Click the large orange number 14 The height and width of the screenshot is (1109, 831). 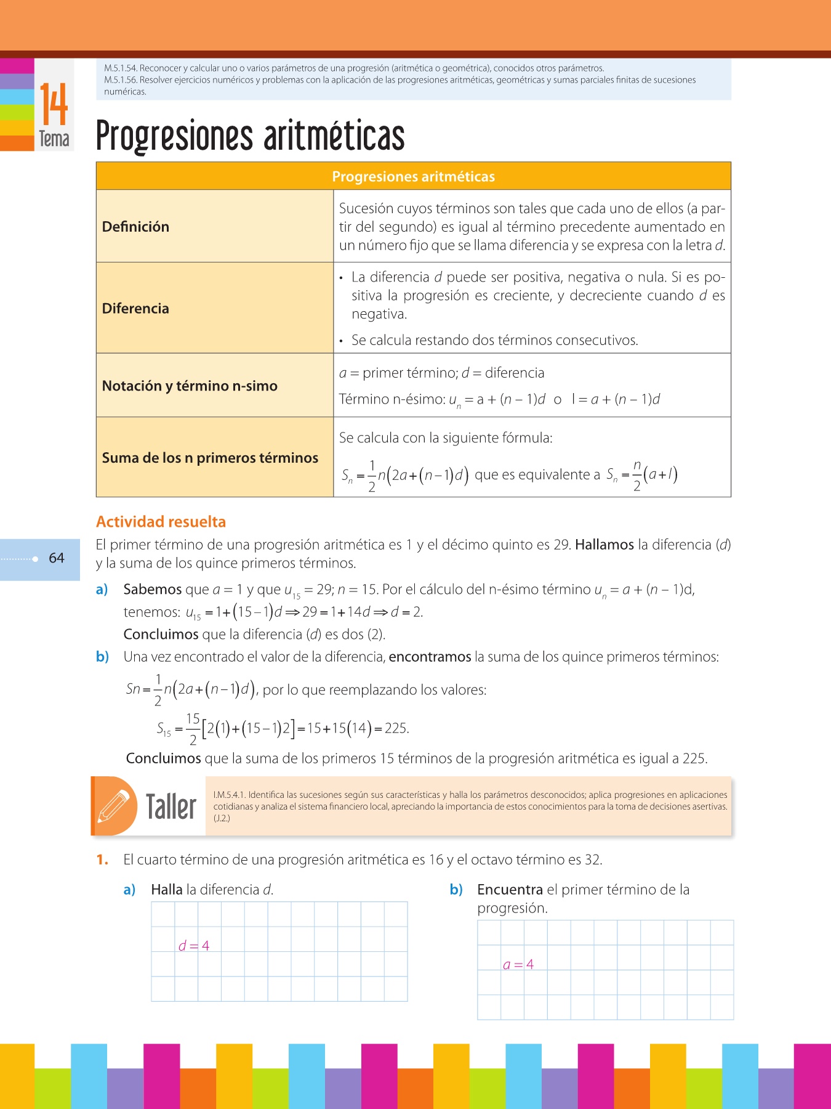pos(54,104)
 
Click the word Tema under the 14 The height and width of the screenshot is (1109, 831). pos(54,139)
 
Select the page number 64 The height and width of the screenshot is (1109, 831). pos(57,558)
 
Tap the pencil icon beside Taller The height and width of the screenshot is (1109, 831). pos(114,805)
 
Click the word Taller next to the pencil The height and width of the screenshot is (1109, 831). pos(171,806)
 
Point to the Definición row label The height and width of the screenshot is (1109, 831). pos(135,227)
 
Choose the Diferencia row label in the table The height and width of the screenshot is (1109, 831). pos(135,309)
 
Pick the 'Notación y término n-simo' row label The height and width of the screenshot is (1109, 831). pos(190,386)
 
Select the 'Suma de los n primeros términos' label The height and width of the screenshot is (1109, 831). pos(210,458)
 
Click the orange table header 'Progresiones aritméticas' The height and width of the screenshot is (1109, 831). pos(413,177)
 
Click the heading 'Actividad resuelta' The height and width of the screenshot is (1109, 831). pos(161,522)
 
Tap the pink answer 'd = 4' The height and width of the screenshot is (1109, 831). pos(194,946)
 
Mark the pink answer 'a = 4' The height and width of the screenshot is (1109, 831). pos(518,965)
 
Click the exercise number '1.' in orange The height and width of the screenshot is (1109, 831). pos(102,860)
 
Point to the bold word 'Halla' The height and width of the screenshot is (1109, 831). pos(167,890)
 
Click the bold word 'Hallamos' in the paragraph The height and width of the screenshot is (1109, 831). pos(604,545)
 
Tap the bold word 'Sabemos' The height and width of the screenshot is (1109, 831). pos(153,590)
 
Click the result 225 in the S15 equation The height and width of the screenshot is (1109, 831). pos(396,728)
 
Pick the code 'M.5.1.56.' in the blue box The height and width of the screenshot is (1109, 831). pos(120,80)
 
